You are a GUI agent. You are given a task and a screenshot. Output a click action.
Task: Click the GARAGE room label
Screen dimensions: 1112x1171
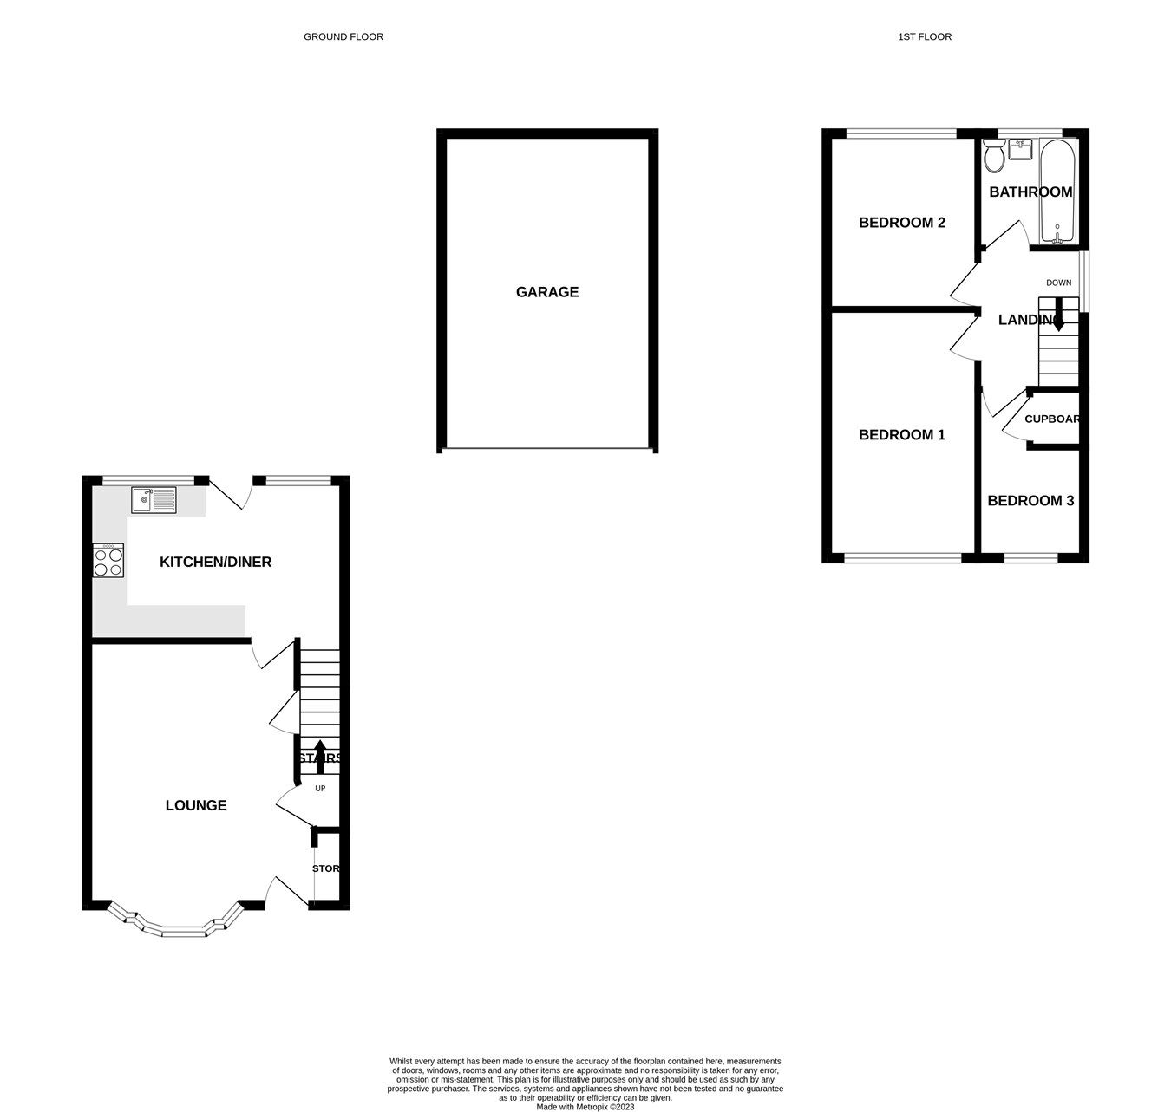click(546, 292)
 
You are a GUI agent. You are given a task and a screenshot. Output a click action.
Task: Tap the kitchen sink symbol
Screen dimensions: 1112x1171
click(154, 500)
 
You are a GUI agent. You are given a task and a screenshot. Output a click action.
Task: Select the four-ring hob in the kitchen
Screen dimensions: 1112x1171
click(108, 560)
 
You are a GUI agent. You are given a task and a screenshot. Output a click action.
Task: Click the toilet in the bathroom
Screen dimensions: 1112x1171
click(994, 157)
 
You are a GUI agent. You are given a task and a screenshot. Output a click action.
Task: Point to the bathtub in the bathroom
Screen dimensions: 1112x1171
click(1057, 192)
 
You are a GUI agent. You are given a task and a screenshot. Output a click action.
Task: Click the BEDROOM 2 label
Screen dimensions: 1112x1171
click(901, 223)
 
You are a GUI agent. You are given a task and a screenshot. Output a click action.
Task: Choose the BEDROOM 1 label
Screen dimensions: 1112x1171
click(901, 435)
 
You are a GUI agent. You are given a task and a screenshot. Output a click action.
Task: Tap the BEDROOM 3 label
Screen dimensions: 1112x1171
click(1030, 501)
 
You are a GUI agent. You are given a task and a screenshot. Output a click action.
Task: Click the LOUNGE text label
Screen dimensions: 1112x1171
click(196, 805)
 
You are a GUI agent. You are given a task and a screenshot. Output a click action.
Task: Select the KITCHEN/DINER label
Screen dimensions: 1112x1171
click(215, 563)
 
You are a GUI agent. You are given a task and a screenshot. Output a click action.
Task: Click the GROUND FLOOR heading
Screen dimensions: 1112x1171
click(343, 36)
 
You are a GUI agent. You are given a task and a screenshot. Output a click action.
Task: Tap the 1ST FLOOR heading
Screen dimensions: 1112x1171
click(925, 36)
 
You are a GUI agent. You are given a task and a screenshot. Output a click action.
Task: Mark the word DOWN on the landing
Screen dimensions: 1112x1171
click(1058, 283)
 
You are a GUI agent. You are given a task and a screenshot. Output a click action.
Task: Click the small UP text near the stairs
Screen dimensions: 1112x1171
click(320, 789)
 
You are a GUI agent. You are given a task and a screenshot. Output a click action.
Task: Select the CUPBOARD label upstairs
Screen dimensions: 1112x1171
click(1052, 419)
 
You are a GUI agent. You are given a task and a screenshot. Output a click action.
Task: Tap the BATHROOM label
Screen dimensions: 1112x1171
click(1030, 192)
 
